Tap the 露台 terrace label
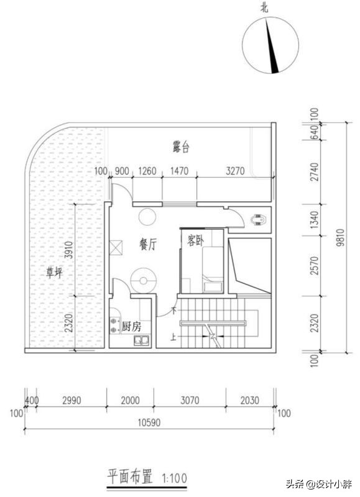click(x=181, y=147)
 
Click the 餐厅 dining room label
click(x=147, y=245)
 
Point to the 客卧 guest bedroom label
click(x=194, y=240)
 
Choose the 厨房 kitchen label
click(x=131, y=326)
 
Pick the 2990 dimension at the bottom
click(x=71, y=401)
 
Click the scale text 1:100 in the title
click(x=175, y=478)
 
